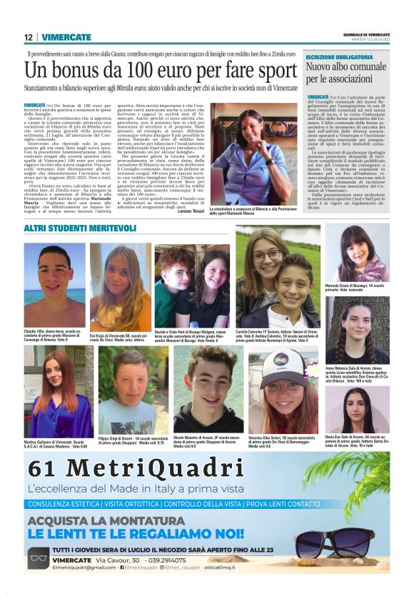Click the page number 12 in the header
coord(28,37)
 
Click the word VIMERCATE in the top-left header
coord(66,37)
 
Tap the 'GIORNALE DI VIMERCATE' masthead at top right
coord(368,34)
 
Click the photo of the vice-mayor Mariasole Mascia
coord(253,153)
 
